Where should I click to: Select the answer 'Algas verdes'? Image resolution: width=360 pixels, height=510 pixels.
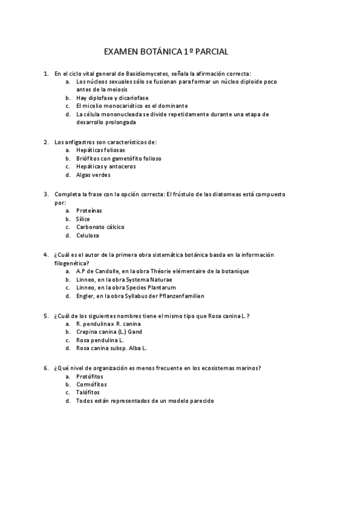93,175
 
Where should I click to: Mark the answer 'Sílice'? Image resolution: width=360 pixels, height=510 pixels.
83,219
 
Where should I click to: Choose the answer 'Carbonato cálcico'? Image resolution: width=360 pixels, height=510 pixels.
100,227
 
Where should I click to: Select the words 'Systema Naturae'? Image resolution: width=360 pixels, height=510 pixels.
151,280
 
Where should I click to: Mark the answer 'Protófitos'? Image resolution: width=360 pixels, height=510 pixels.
90,376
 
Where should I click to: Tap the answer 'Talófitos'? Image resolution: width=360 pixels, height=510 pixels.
88,392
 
